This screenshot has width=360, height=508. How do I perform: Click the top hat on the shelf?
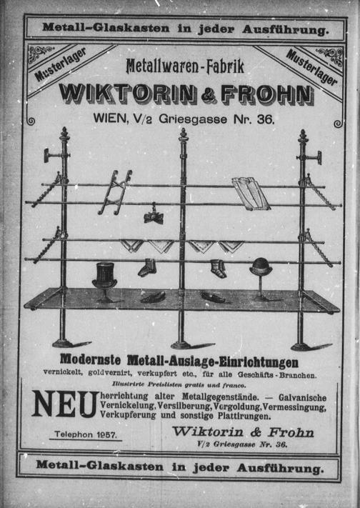[104, 275]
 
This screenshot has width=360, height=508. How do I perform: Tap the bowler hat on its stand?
[261, 267]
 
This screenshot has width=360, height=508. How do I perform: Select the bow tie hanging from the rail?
[154, 216]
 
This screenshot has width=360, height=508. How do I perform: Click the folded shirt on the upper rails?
[251, 193]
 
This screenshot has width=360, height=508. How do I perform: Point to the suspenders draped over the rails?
[115, 192]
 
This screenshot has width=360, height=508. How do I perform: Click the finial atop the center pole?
[184, 134]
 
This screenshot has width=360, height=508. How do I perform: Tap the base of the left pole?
[64, 342]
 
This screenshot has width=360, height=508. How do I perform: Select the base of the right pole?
[302, 346]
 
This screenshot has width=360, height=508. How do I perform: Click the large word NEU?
[65, 404]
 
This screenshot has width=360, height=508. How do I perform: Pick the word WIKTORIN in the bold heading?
[129, 94]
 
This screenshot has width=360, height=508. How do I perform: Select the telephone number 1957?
[107, 434]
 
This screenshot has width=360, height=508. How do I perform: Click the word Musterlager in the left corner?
[60, 64]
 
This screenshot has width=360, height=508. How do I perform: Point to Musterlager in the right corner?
[311, 68]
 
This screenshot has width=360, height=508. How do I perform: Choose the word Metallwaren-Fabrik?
[185, 66]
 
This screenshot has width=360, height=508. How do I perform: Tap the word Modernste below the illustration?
[90, 359]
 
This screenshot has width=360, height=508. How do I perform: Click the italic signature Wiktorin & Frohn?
[243, 432]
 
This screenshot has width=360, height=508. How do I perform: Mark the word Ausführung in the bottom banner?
[280, 469]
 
